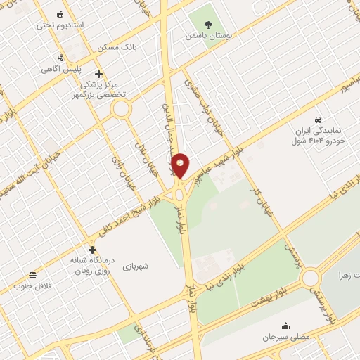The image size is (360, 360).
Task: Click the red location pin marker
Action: [x=180, y=165]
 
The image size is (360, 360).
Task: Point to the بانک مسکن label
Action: [x=120, y=47]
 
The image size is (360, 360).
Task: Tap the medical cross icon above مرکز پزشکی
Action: [x=99, y=74]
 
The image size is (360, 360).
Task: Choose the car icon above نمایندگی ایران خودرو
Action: [x=319, y=120]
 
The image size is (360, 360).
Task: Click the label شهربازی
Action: [x=136, y=266]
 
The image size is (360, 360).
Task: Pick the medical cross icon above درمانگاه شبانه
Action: [x=92, y=250]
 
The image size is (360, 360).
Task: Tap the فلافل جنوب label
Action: [x=32, y=285]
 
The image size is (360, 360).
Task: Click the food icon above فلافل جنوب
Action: [x=32, y=274]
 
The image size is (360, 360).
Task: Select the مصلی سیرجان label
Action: [x=285, y=337]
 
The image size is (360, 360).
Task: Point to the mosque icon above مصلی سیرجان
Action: [x=285, y=326]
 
